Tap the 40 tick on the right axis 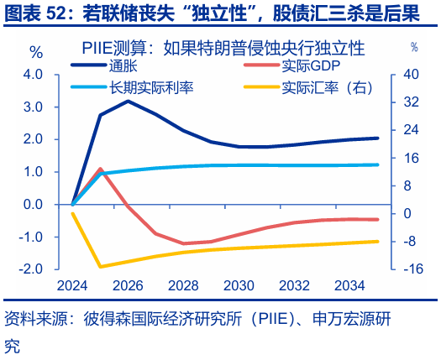(410, 75)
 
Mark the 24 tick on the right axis (410, 130)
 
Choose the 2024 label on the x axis (73, 285)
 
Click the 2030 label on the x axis (239, 285)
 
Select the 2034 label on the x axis (349, 285)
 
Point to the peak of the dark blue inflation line (129, 101)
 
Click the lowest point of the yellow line (101, 267)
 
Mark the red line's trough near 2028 (183, 243)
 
